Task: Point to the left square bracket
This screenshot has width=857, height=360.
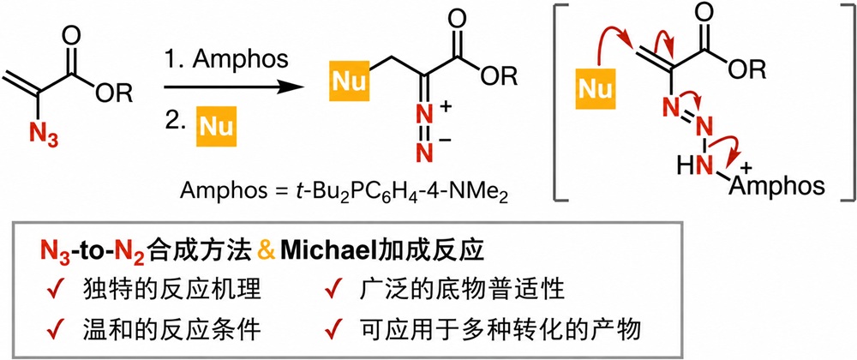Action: coord(560,102)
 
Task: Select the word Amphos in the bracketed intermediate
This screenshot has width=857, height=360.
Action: coord(776,187)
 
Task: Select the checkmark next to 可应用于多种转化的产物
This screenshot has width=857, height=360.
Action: coord(333,331)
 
